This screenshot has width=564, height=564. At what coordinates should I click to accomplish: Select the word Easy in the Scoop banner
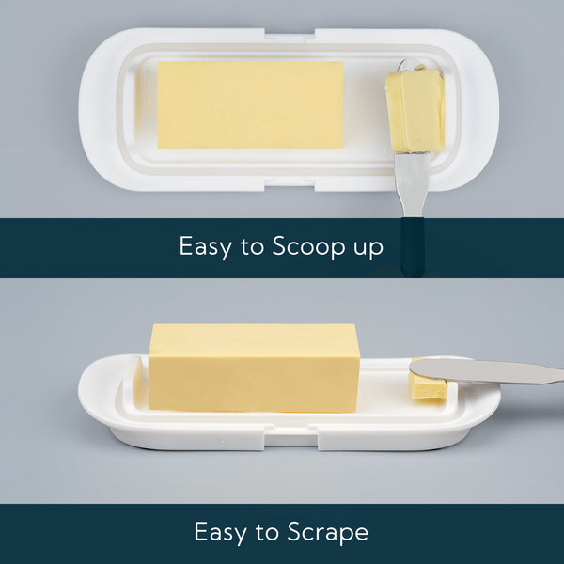pyautogui.click(x=206, y=247)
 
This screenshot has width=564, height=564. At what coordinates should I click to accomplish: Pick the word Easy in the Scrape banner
pyautogui.click(x=221, y=532)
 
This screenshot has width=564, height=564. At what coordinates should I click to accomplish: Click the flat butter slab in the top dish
pyautogui.click(x=250, y=104)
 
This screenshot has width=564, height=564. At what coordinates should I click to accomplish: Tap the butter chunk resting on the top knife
pyautogui.click(x=415, y=110)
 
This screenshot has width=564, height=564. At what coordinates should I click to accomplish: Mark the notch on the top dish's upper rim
pyautogui.click(x=290, y=35)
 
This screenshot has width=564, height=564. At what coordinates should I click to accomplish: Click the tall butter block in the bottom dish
pyautogui.click(x=254, y=368)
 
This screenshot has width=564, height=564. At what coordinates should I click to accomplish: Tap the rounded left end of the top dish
pyautogui.click(x=99, y=108)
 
